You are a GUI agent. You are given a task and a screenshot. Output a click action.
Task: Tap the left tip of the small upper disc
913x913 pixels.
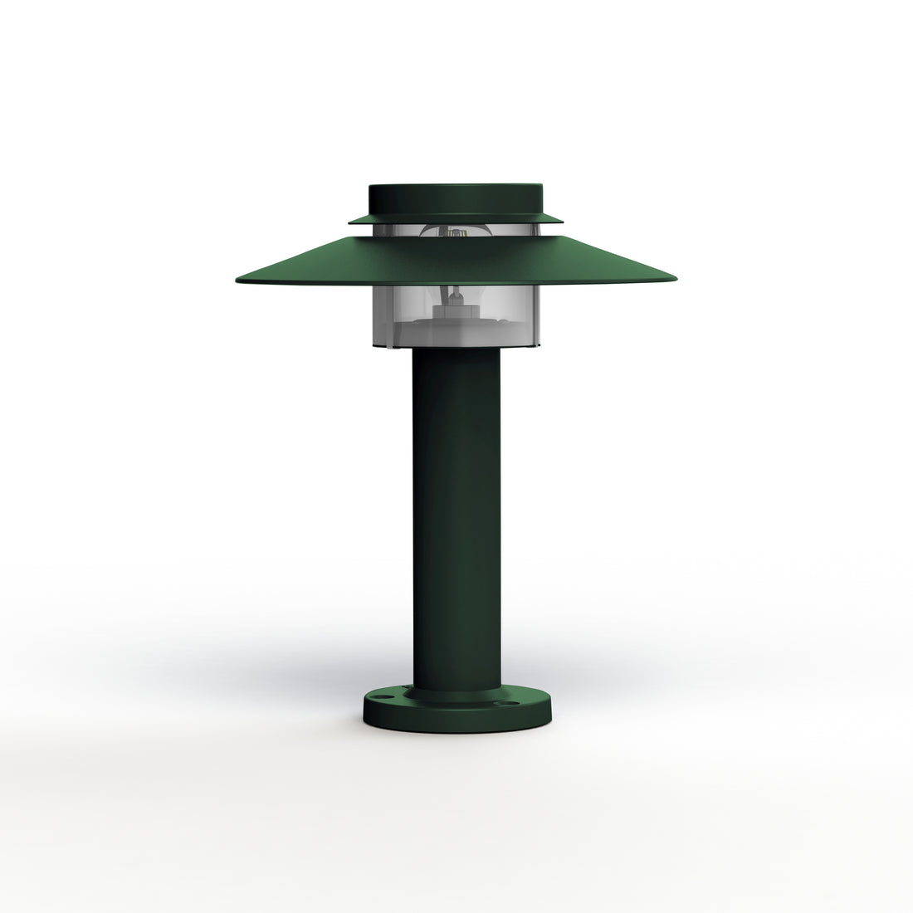coord(351,221)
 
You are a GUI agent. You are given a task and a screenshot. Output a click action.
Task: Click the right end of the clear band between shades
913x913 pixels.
coord(539,230)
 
